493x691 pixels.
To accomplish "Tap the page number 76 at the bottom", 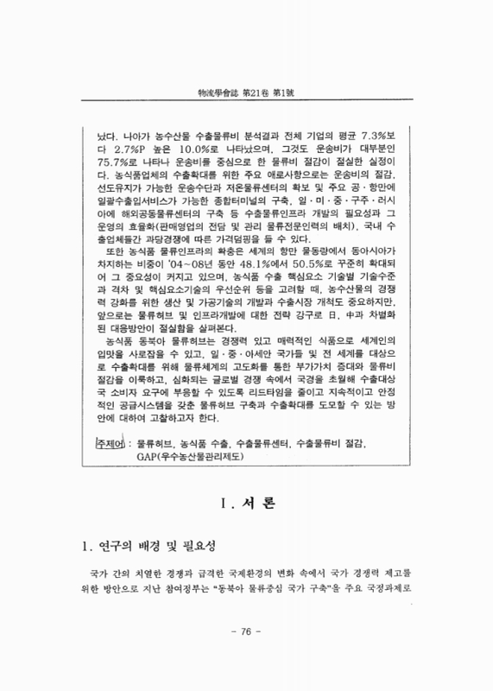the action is tap(246, 631).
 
